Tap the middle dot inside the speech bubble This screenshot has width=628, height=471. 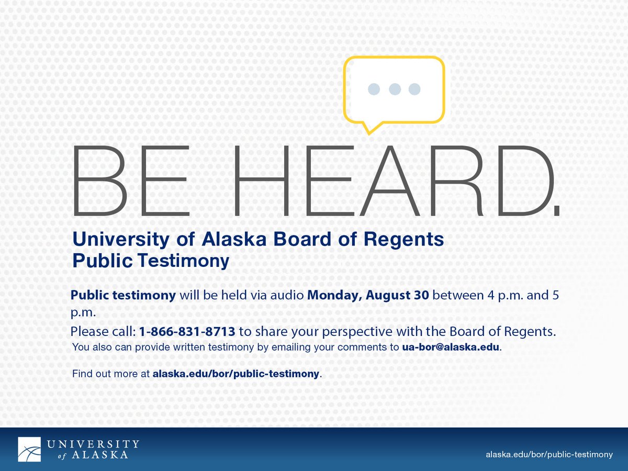tap(395, 89)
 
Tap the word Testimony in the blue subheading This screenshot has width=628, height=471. tap(183, 261)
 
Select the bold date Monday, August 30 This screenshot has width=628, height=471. tap(368, 295)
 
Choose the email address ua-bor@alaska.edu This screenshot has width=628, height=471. tap(451, 347)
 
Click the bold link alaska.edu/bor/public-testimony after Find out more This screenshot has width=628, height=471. tap(235, 374)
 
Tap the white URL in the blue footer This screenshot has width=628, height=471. tap(549, 455)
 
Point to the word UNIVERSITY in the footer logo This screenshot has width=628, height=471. tap(93, 444)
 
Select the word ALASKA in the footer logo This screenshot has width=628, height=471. tap(100, 455)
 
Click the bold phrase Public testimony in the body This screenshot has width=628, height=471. tap(123, 295)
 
